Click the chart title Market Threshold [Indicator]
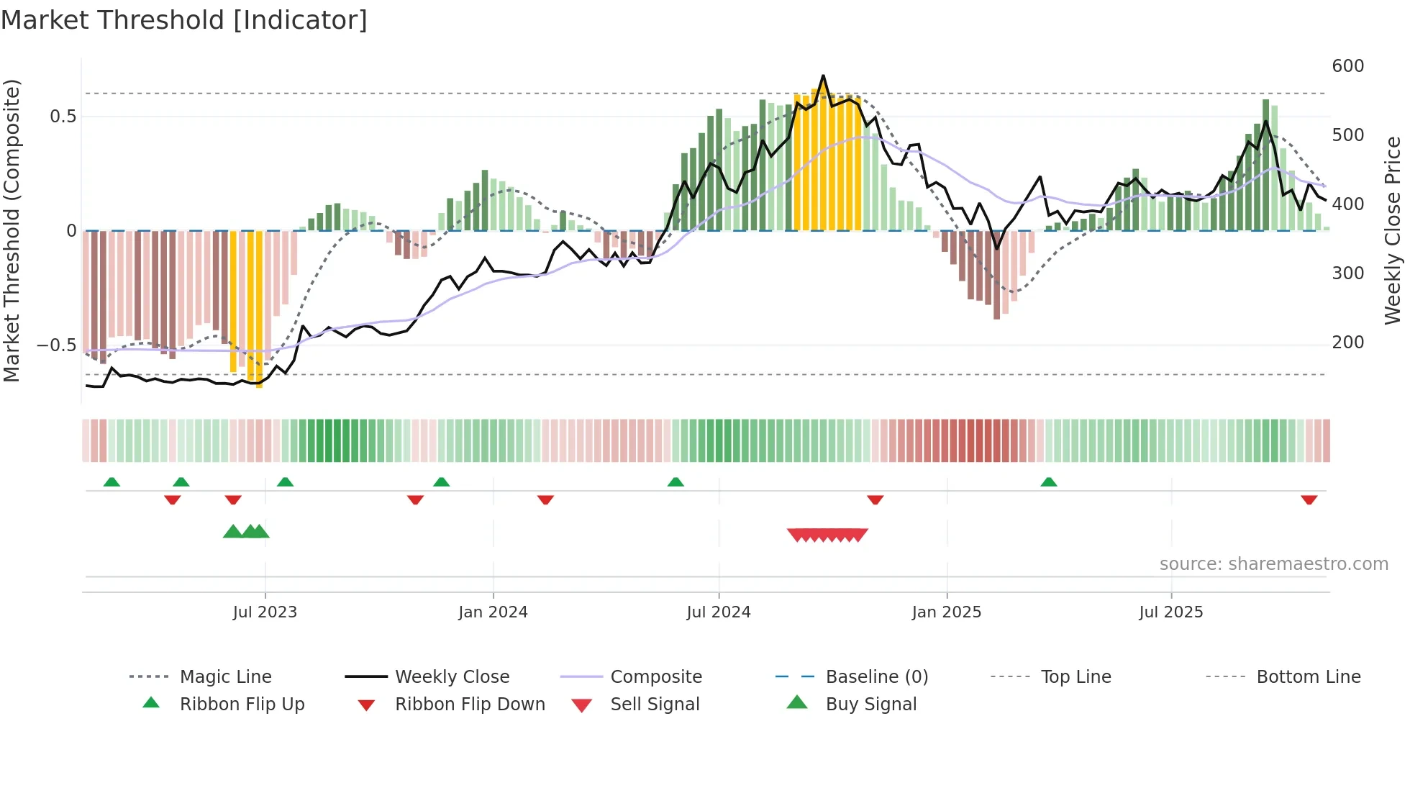[184, 20]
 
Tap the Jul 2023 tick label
[265, 612]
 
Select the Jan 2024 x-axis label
[493, 612]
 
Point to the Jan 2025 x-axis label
[946, 612]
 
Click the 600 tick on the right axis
[1347, 66]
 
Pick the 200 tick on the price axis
[1347, 343]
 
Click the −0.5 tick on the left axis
[56, 345]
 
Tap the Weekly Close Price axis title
[1393, 230]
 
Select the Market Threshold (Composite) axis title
[12, 230]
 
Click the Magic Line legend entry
[225, 677]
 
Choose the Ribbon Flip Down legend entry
[469, 704]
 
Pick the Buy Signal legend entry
[870, 704]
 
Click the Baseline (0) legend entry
[876, 677]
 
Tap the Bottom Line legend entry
[1308, 677]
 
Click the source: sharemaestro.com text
[1273, 564]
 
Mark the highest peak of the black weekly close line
[823, 76]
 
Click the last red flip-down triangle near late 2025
[1309, 499]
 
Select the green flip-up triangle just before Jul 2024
[676, 482]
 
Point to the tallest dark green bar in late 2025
[1265, 166]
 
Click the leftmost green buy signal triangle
[232, 532]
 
